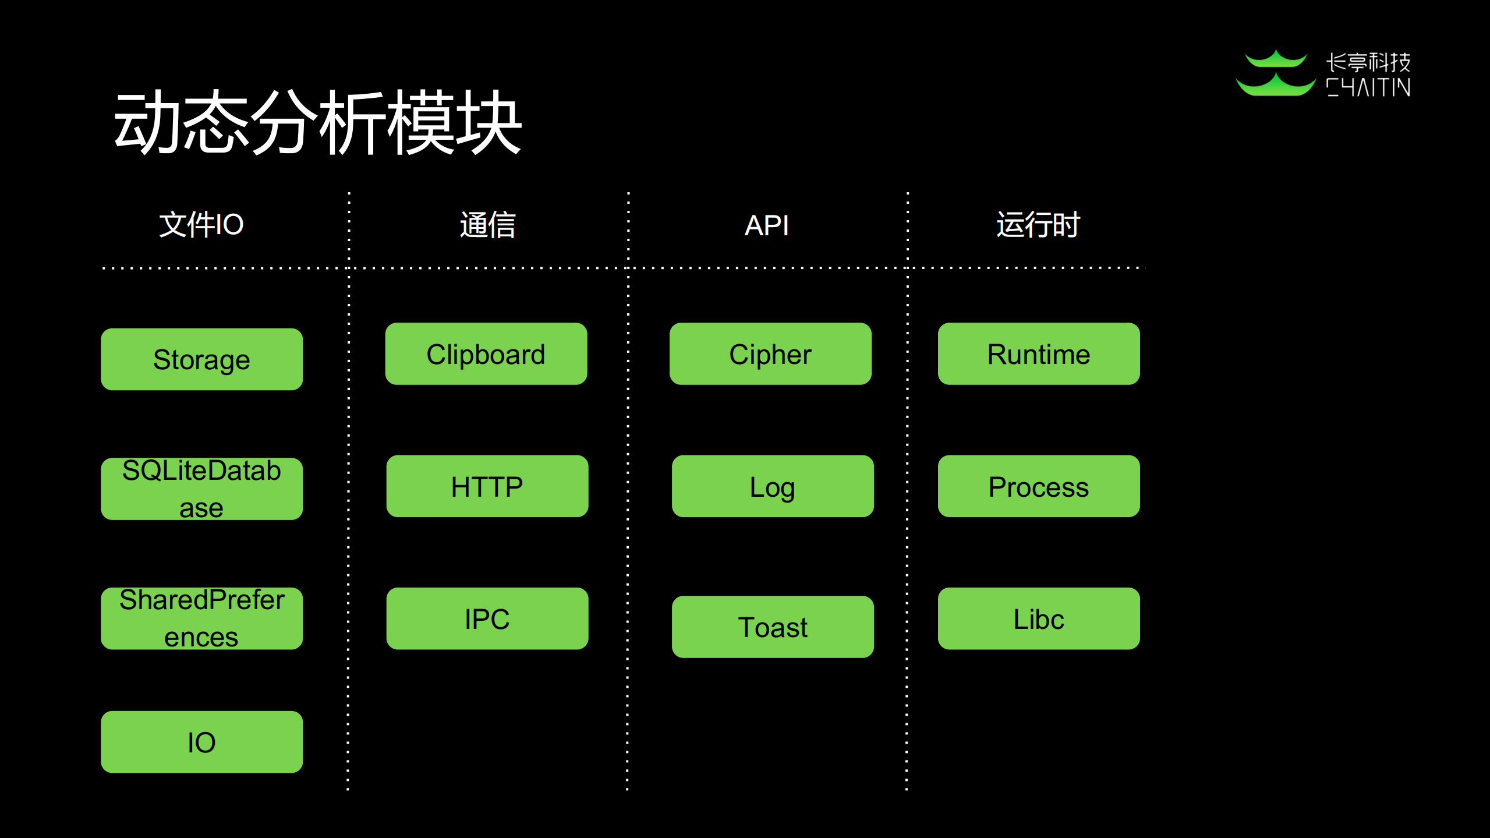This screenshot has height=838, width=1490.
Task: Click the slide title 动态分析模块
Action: pyautogui.click(x=317, y=123)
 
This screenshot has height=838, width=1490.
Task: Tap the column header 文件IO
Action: pyautogui.click(x=201, y=225)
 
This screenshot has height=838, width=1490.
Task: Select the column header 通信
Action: pyautogui.click(x=488, y=225)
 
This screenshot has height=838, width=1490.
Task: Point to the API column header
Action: pyautogui.click(x=766, y=225)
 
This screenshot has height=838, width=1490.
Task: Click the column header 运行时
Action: pyautogui.click(x=1038, y=225)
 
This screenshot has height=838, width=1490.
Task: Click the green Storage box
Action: pyautogui.click(x=201, y=359)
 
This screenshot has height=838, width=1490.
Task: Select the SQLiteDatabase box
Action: pyautogui.click(x=201, y=489)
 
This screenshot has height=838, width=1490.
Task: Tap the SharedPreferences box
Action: pyautogui.click(x=201, y=618)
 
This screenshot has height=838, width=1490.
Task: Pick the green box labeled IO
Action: pyautogui.click(x=201, y=742)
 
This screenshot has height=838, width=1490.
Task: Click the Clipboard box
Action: pyautogui.click(x=486, y=354)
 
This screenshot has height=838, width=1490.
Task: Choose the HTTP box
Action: pyautogui.click(x=487, y=486)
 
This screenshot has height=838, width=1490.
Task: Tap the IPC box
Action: pyautogui.click(x=487, y=618)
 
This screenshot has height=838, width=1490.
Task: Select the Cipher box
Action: pyautogui.click(x=770, y=354)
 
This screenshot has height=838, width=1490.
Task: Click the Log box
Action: pyautogui.click(x=773, y=486)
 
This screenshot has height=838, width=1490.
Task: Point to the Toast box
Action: pyautogui.click(x=773, y=627)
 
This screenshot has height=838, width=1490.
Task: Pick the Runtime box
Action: pyautogui.click(x=1039, y=354)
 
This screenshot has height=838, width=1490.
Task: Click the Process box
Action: pyautogui.click(x=1039, y=486)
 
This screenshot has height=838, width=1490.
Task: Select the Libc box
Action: pyautogui.click(x=1039, y=618)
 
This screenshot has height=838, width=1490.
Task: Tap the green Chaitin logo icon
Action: pyautogui.click(x=1275, y=74)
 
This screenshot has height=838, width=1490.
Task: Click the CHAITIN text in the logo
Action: pyautogui.click(x=1368, y=88)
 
